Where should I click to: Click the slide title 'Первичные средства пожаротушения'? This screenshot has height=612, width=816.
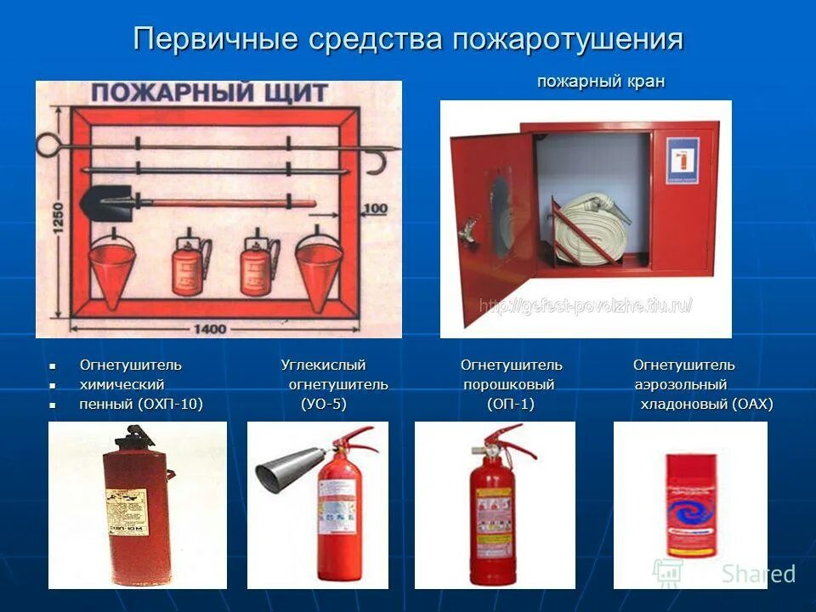pyautogui.click(x=408, y=40)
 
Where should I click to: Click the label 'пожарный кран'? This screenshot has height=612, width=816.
pyautogui.click(x=600, y=82)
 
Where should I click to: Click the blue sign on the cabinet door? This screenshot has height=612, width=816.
pyautogui.click(x=681, y=158)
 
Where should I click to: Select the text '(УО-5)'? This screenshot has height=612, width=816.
pyautogui.click(x=324, y=405)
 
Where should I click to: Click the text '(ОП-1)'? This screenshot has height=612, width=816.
pyautogui.click(x=511, y=405)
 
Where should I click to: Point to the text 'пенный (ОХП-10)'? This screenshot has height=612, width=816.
pyautogui.click(x=141, y=405)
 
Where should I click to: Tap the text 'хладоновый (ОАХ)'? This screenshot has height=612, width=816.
pyautogui.click(x=706, y=405)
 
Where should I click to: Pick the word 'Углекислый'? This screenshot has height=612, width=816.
pyautogui.click(x=323, y=365)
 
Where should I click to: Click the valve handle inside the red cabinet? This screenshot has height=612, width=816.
pyautogui.click(x=466, y=228)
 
